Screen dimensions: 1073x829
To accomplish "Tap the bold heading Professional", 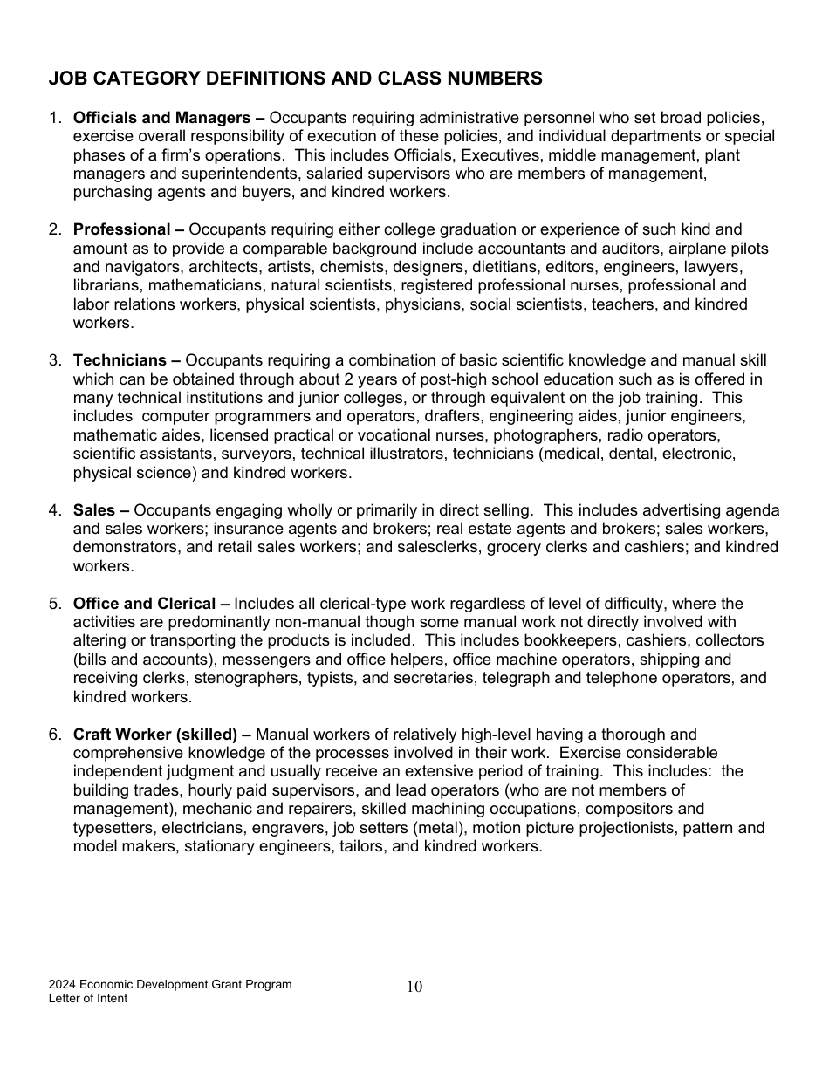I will pyautogui.click(x=121, y=229).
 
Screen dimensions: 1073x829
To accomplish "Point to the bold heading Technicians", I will pyautogui.click(x=120, y=360).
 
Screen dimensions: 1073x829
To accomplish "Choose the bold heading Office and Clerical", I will pyautogui.click(x=144, y=604).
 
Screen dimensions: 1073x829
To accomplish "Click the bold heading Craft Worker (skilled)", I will pyautogui.click(x=155, y=735).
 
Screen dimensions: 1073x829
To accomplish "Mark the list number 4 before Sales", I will pyautogui.click(x=54, y=510).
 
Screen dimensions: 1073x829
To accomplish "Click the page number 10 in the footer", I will pyautogui.click(x=414, y=987).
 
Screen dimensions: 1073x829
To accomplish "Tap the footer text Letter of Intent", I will pyautogui.click(x=88, y=999).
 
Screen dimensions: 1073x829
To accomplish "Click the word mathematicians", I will pyautogui.click(x=207, y=285).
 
